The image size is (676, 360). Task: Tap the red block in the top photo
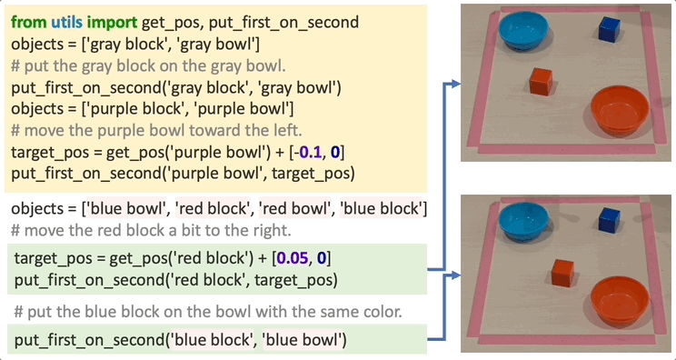pos(542,82)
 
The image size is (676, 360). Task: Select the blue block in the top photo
pos(610,29)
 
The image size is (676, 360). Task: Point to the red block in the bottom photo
pos(562,270)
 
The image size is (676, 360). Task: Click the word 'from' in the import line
pos(28,22)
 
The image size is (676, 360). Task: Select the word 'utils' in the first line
pos(68,22)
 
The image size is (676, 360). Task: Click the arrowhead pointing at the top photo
pos(451,85)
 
